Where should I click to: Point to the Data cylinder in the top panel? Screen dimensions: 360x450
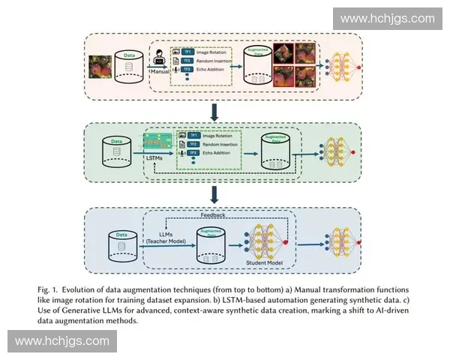pos(130,67)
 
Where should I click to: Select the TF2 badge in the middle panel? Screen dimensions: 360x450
pos(193,143)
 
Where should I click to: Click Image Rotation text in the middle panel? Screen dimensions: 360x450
pos(220,134)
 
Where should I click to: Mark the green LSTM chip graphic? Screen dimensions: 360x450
pos(157,140)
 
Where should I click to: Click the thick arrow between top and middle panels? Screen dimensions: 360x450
pos(215,112)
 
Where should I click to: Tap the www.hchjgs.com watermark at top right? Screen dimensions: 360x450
pos(387,18)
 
